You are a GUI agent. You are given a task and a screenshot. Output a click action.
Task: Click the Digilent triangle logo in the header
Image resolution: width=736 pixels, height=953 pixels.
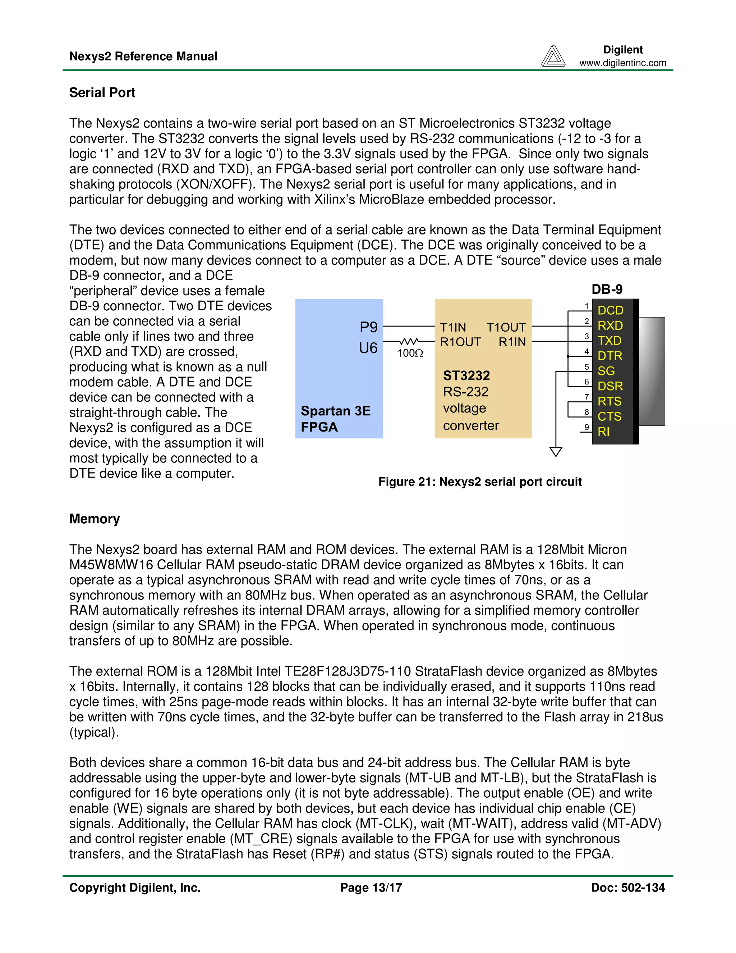[553, 56]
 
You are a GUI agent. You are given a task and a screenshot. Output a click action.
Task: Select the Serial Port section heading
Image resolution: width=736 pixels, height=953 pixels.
[102, 92]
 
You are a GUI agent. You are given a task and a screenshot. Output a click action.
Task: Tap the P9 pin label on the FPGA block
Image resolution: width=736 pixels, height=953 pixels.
[368, 327]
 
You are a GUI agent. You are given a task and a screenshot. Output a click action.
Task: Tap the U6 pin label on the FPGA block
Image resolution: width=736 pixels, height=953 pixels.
[368, 348]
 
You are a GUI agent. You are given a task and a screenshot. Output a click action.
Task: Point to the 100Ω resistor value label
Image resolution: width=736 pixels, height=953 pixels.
[410, 353]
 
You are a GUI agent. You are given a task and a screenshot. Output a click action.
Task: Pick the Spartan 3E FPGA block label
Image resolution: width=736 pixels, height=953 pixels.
[335, 419]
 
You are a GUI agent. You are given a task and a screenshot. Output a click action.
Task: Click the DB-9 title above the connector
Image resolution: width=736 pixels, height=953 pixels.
[607, 289]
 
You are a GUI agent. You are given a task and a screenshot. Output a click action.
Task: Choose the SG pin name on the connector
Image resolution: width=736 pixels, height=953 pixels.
[606, 371]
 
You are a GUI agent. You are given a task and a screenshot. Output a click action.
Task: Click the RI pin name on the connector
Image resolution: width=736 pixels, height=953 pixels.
[603, 432]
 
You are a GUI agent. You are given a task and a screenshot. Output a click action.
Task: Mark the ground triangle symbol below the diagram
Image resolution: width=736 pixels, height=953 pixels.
[556, 451]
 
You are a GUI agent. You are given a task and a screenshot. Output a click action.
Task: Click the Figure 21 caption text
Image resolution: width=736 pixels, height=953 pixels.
[480, 482]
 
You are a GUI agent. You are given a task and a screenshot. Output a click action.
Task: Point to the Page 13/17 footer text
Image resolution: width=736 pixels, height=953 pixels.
[371, 888]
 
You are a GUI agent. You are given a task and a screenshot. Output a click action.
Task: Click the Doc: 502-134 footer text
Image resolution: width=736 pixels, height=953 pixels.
[627, 888]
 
